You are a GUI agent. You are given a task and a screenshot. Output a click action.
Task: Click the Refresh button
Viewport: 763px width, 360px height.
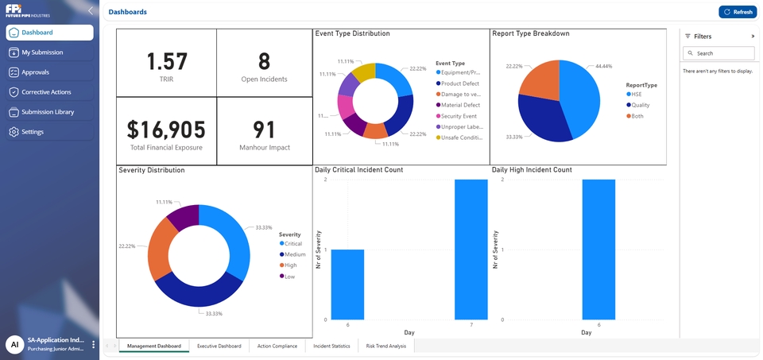tap(738, 12)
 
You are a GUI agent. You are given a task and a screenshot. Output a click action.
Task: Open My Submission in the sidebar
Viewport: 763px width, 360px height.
tap(42, 52)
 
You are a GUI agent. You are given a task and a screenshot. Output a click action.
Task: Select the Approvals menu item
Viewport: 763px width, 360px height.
tap(35, 72)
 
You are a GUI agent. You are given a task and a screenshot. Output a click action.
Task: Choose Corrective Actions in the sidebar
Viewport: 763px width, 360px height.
tap(46, 92)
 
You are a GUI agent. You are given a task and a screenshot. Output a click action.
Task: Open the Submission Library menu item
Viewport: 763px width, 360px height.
tap(48, 112)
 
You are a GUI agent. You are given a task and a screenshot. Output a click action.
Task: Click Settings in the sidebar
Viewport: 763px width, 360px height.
tap(33, 132)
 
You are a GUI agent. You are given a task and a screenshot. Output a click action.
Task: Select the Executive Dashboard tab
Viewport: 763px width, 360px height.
tap(219, 346)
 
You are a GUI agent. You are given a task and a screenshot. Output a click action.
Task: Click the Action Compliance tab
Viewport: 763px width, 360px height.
tap(277, 346)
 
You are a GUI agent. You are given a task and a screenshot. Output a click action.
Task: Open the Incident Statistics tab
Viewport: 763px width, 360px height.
tap(331, 346)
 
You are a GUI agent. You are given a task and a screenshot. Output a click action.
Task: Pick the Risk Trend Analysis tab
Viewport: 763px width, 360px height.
tap(385, 346)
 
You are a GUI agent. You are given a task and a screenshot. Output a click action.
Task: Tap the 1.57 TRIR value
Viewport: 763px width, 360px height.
tap(167, 61)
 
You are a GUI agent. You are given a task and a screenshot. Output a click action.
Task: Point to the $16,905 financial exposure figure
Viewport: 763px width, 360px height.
tap(167, 129)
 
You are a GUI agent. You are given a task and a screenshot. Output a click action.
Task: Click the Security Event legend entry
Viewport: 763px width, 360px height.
tap(460, 116)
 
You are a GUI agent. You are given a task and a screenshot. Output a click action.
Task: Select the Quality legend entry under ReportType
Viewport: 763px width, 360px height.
tap(640, 105)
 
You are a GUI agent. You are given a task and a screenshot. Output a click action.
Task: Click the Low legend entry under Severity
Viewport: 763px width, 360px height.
tap(289, 277)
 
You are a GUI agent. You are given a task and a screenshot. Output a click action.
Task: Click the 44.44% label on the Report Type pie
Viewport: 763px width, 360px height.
tap(603, 66)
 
